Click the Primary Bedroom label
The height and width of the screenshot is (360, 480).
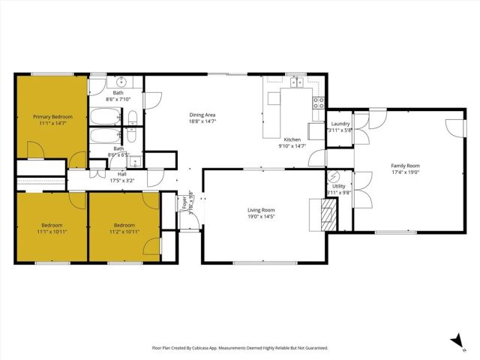(x=52, y=116)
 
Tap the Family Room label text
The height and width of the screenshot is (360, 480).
(x=405, y=165)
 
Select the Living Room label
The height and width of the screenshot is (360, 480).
(x=262, y=210)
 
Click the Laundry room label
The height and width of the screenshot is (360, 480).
(x=340, y=123)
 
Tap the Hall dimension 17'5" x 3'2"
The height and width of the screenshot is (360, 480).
(x=121, y=181)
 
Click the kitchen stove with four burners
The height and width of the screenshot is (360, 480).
(x=319, y=102)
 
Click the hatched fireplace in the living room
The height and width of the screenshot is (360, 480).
(x=327, y=215)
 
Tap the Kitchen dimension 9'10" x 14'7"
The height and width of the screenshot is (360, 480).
(x=292, y=146)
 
